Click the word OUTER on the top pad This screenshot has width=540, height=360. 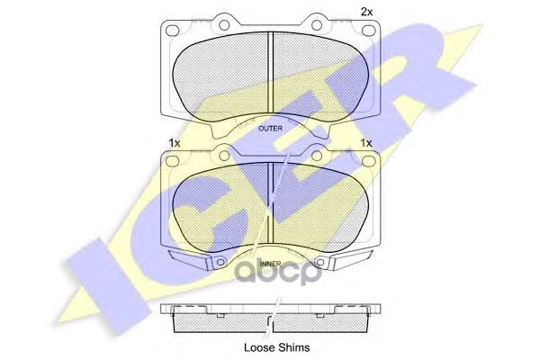pos(270,129)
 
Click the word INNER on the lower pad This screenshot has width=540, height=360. pos(271,264)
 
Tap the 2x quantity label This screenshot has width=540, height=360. pos(366,12)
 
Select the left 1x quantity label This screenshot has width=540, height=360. pos(175,142)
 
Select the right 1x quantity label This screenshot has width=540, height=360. pos(366,142)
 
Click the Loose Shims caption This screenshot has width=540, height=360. pos(277,347)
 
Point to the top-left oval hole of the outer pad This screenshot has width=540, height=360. pos(173,31)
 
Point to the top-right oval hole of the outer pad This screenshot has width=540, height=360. pos(368,31)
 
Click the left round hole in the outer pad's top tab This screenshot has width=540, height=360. pos(224,25)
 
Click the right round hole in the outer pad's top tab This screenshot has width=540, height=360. pos(317,25)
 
